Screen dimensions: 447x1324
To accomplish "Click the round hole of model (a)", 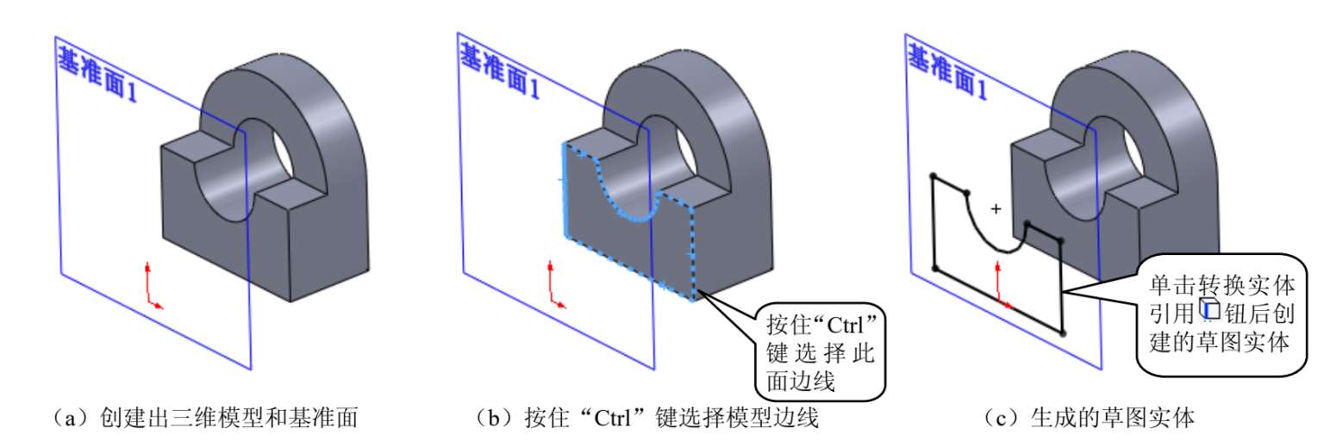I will tap(273, 150).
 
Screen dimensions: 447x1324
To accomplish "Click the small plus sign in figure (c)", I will tap(996, 208).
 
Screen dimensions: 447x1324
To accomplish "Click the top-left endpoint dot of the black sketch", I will tap(932, 177).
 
